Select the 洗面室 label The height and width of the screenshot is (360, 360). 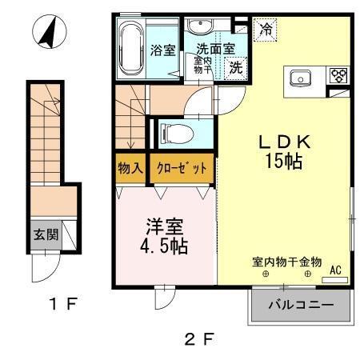215,48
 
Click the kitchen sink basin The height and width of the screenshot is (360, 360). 300,78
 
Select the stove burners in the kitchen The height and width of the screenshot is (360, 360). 338,78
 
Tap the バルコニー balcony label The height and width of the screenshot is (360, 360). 300,305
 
